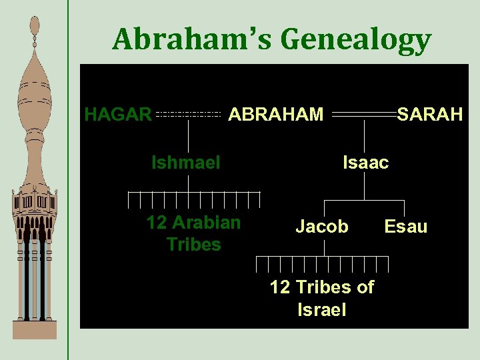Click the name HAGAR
pyautogui.click(x=118, y=115)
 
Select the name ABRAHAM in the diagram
pyautogui.click(x=276, y=115)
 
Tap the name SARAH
pyautogui.click(x=430, y=115)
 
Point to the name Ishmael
pyautogui.click(x=186, y=162)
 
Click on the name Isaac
pyautogui.click(x=365, y=162)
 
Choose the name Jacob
pyautogui.click(x=322, y=227)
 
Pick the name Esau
pyautogui.click(x=406, y=227)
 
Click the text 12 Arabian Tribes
pyautogui.click(x=193, y=233)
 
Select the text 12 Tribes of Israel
pyautogui.click(x=322, y=298)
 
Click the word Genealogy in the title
pyautogui.click(x=356, y=40)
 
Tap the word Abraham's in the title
pyautogui.click(x=193, y=40)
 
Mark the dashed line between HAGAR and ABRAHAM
pyautogui.click(x=188, y=115)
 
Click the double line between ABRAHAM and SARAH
pyautogui.click(x=364, y=115)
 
